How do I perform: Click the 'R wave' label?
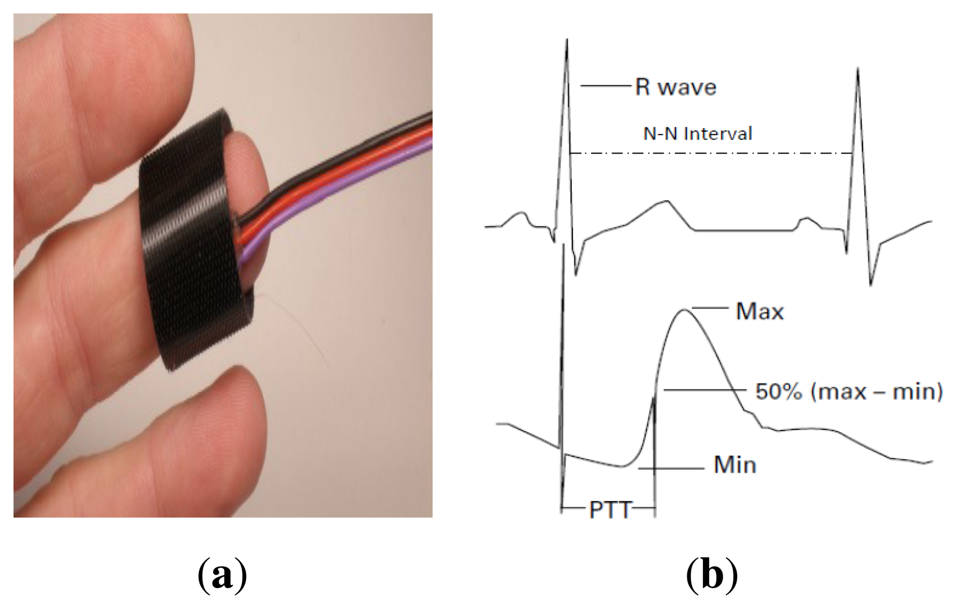pos(675,87)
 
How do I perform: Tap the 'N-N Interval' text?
pos(697,133)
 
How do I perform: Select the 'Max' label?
pos(759,311)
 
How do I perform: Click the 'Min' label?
pos(735,465)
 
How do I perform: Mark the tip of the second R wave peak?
pos(858,69)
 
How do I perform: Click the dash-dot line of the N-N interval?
pos(709,154)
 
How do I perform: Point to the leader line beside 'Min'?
pos(672,469)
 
